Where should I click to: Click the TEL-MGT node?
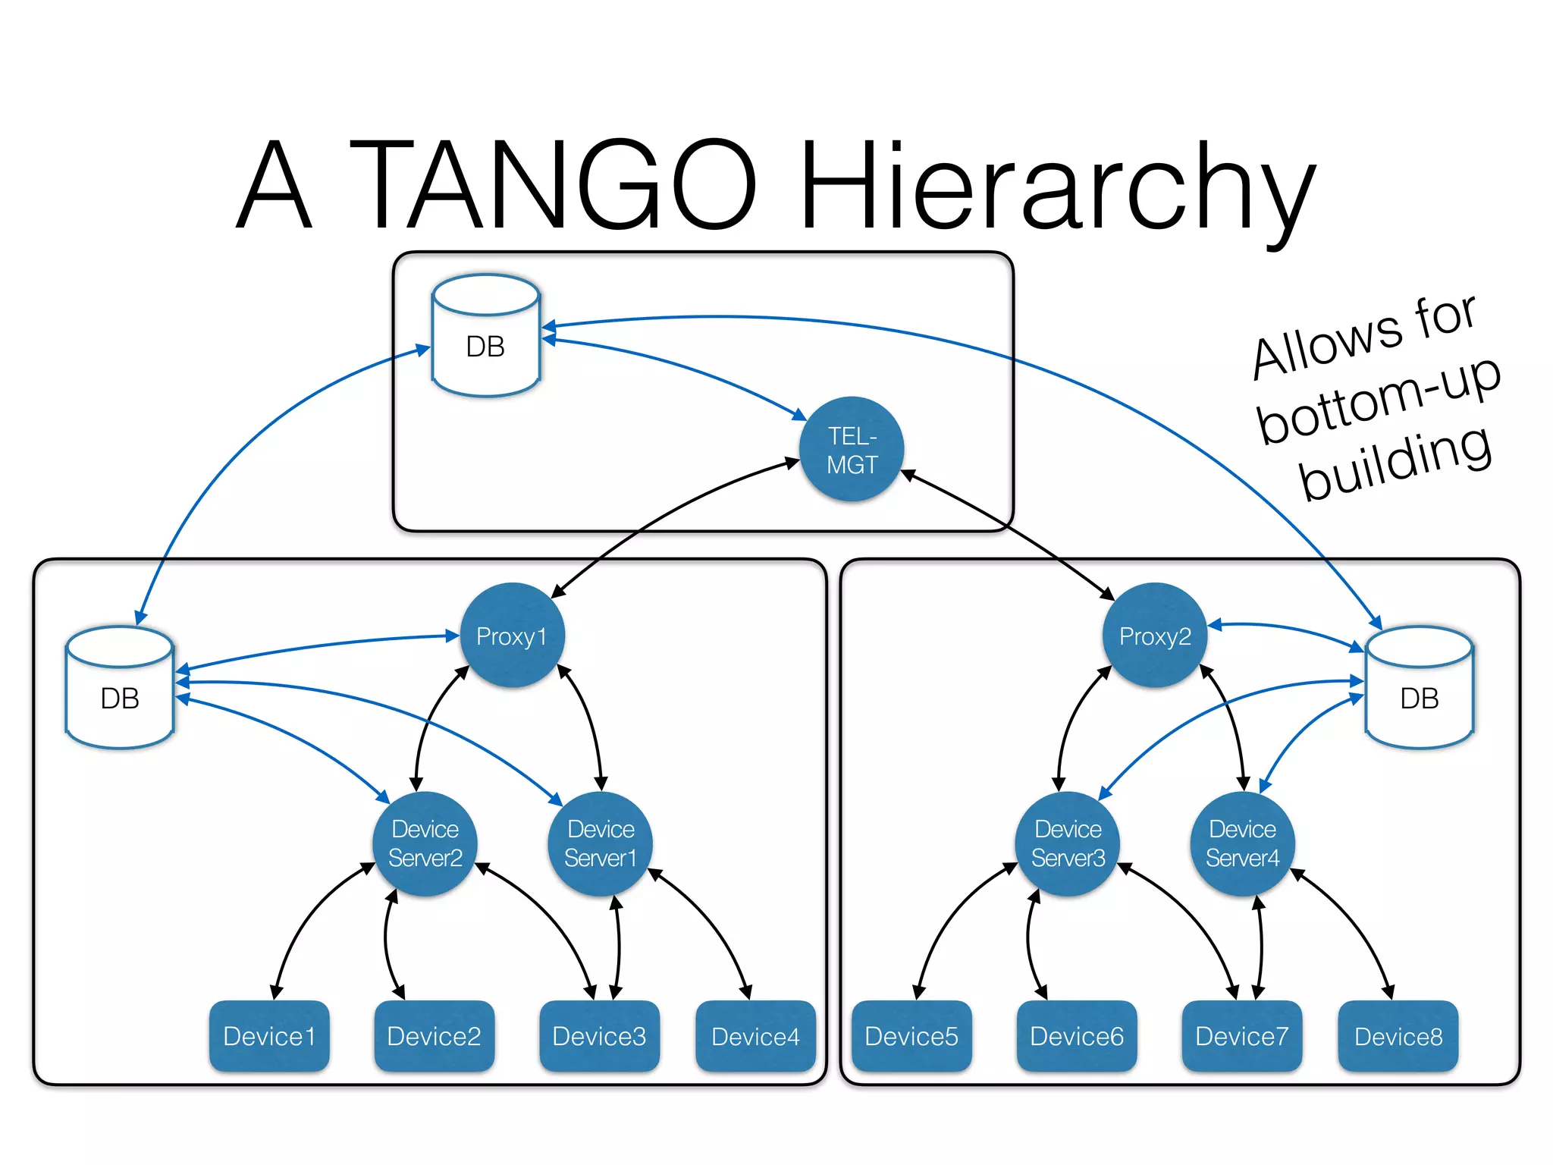point(852,449)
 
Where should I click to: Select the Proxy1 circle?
point(513,636)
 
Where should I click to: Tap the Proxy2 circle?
point(1154,636)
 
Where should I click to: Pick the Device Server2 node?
point(425,843)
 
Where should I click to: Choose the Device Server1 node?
point(600,843)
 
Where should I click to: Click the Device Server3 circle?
point(1068,843)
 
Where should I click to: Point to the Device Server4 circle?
point(1242,843)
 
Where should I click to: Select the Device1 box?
point(269,1036)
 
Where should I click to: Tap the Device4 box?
point(755,1036)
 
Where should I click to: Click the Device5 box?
point(911,1036)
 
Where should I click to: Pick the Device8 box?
point(1398,1036)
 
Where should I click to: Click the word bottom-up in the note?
point(1379,400)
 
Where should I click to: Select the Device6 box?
point(1076,1036)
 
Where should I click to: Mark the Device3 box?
point(599,1036)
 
